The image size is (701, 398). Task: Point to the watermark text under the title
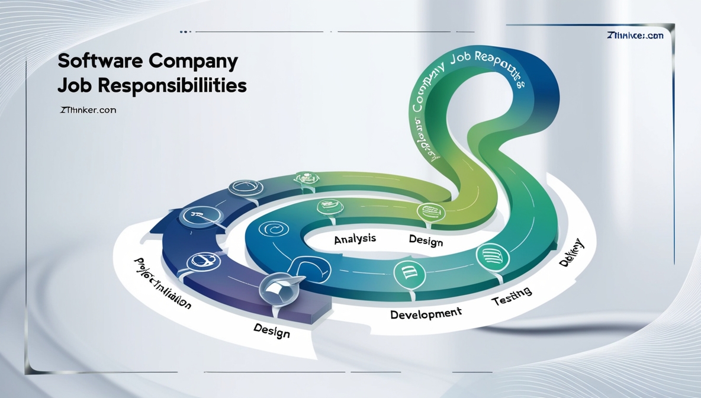tap(88, 110)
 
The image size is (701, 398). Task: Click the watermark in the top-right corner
tap(635, 36)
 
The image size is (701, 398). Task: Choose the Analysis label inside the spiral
tap(355, 239)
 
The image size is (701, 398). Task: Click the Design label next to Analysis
tap(426, 240)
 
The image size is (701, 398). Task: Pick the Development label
tap(426, 313)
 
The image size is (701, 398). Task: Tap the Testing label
tap(512, 296)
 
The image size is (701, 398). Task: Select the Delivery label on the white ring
tap(571, 253)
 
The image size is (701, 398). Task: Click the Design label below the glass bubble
tap(272, 330)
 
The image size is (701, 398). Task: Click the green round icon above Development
tap(409, 273)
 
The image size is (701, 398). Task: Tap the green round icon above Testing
tap(493, 256)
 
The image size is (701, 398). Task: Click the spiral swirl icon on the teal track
tap(274, 229)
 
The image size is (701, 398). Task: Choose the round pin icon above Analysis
tap(329, 207)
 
